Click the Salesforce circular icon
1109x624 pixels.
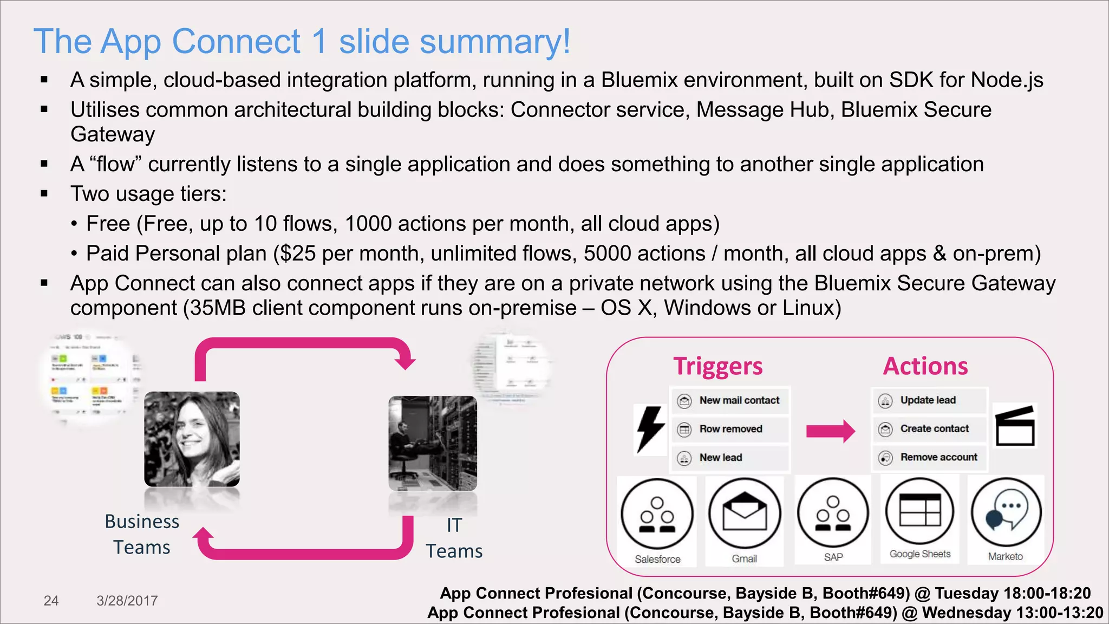pos(657,513)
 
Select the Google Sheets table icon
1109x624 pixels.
pos(920,511)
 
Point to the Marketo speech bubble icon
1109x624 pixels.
pos(1006,512)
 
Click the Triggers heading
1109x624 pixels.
pos(717,366)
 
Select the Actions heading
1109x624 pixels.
pos(925,366)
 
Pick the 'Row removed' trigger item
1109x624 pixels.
pos(730,429)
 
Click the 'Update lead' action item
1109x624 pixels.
pos(928,400)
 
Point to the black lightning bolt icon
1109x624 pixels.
pos(650,429)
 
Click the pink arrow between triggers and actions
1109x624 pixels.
pos(830,431)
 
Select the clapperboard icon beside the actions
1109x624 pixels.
pos(1015,426)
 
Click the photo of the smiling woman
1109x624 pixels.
pos(192,439)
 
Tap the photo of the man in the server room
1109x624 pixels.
pos(433,443)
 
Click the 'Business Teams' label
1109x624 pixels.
pos(142,534)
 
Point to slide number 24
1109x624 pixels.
pos(51,601)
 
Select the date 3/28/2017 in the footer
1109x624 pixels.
pos(127,601)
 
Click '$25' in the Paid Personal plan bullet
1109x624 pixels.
pos(297,253)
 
